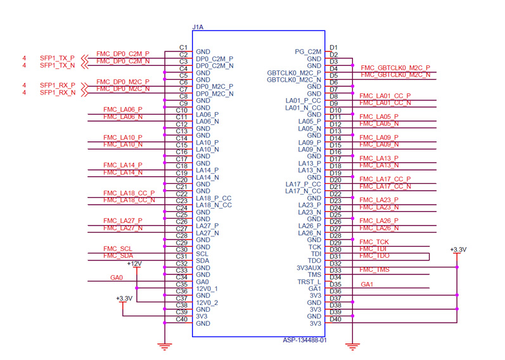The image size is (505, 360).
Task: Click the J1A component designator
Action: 197,27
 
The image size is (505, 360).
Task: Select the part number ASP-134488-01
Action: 304,340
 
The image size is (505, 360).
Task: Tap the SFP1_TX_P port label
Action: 57,58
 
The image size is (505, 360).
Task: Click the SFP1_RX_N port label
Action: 57,93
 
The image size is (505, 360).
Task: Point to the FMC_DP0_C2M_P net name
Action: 123,54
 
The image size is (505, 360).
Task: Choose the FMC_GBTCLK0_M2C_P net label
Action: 395,68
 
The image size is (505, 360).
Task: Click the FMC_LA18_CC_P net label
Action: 129,193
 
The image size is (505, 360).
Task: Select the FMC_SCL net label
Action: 118,248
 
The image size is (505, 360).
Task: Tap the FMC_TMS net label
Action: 374,269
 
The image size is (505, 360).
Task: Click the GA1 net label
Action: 367,284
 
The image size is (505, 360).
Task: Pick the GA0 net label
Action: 117,277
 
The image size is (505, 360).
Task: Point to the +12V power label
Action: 134,263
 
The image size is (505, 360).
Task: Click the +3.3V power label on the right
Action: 458,250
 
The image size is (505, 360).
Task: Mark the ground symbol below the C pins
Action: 164,346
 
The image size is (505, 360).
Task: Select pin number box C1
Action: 183,48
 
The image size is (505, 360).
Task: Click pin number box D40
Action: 335,319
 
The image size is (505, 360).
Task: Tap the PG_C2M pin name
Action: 309,51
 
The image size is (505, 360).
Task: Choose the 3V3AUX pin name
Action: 308,267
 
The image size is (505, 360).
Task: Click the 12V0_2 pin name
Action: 207,302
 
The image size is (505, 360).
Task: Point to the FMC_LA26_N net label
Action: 379,228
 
